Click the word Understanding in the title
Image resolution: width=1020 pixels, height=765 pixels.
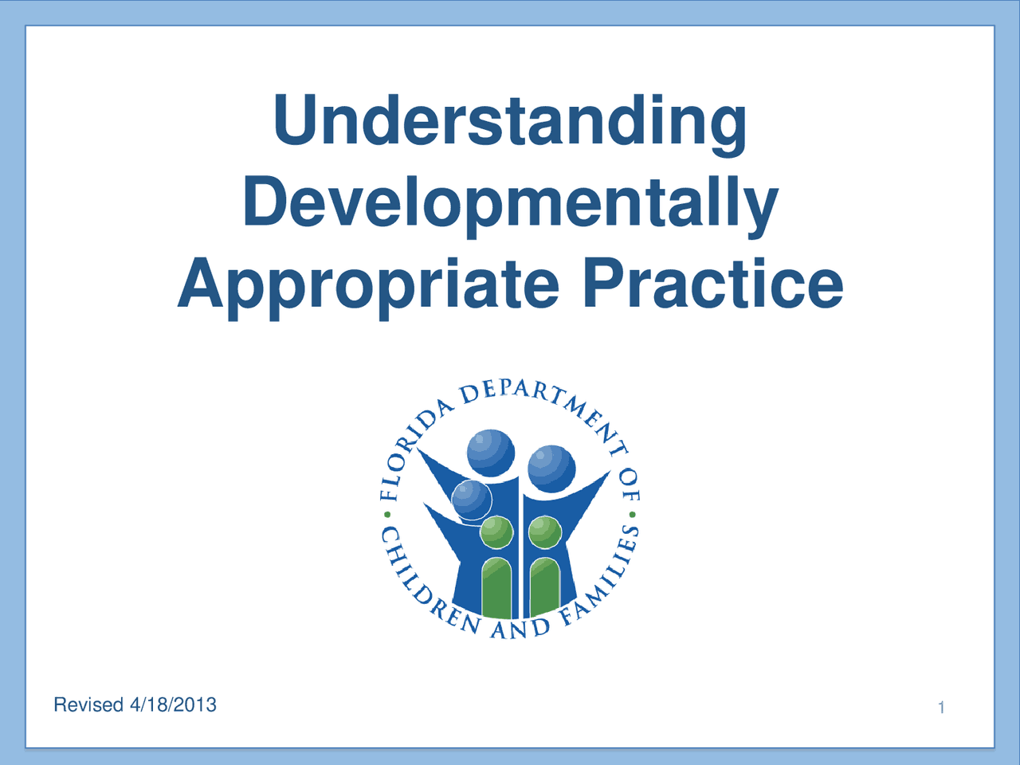pyautogui.click(x=510, y=121)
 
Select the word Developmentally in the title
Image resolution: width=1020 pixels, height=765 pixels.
pyautogui.click(x=510, y=202)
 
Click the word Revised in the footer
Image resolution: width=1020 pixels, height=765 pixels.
pyautogui.click(x=88, y=705)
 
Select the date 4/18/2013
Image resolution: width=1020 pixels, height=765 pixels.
pyautogui.click(x=174, y=705)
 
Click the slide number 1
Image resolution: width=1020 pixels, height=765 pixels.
pyautogui.click(x=941, y=708)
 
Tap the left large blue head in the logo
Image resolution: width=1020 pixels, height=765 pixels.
pyautogui.click(x=490, y=453)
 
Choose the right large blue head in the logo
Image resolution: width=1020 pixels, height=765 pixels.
pyautogui.click(x=551, y=468)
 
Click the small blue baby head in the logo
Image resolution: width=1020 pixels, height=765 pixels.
pyautogui.click(x=472, y=500)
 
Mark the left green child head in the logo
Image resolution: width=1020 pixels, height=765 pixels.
pyautogui.click(x=496, y=531)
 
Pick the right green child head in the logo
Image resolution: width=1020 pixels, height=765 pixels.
pyautogui.click(x=545, y=532)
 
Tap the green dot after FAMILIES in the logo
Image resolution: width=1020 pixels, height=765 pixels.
pyautogui.click(x=632, y=515)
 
